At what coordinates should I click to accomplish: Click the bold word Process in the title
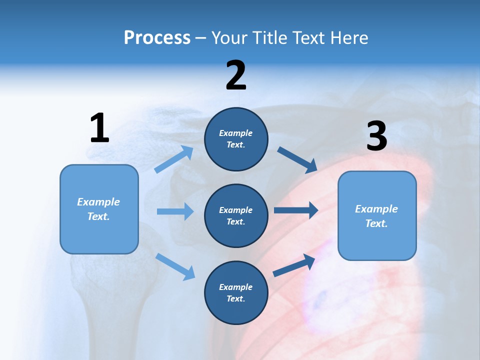(157, 38)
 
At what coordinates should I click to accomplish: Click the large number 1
(99, 128)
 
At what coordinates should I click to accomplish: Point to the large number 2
(236, 75)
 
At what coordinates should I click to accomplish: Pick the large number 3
(376, 136)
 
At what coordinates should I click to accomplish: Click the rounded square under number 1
(99, 209)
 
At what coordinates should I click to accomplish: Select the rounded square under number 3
(377, 216)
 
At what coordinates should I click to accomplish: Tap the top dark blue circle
(236, 139)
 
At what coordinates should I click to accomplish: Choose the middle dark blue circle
(236, 215)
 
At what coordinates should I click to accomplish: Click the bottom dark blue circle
(236, 292)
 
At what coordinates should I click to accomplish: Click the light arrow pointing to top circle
(174, 159)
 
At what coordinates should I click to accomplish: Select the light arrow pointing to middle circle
(175, 211)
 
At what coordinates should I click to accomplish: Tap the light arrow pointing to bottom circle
(175, 266)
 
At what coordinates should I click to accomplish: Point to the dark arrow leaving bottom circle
(294, 265)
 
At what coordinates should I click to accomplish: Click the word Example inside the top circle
(236, 133)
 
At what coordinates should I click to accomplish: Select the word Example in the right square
(376, 209)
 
